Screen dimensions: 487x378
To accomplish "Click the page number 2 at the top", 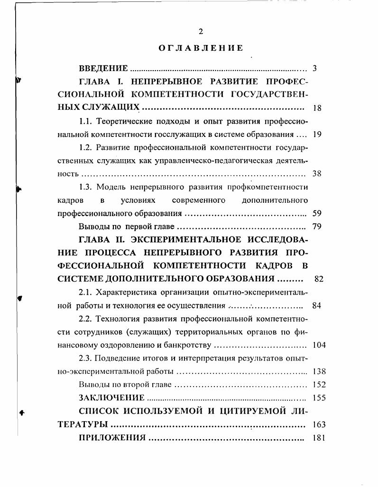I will [x=200, y=32].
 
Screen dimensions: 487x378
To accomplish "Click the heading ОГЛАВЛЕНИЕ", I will [x=200, y=48].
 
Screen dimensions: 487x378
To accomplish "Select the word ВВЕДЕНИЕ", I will [x=103, y=68].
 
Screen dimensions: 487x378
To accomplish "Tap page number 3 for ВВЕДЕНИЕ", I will [x=314, y=68].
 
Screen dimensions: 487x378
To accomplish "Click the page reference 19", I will [x=317, y=134].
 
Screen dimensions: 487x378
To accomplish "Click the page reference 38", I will [x=317, y=174].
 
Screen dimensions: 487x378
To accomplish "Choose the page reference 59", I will [x=317, y=213].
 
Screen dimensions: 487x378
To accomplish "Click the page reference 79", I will [x=317, y=226].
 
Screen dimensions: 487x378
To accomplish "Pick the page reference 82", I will [x=319, y=279].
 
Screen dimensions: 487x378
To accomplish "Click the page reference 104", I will [x=319, y=345].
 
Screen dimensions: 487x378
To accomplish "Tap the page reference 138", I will [x=319, y=371].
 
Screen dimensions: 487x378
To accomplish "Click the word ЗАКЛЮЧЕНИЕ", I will [x=111, y=397].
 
